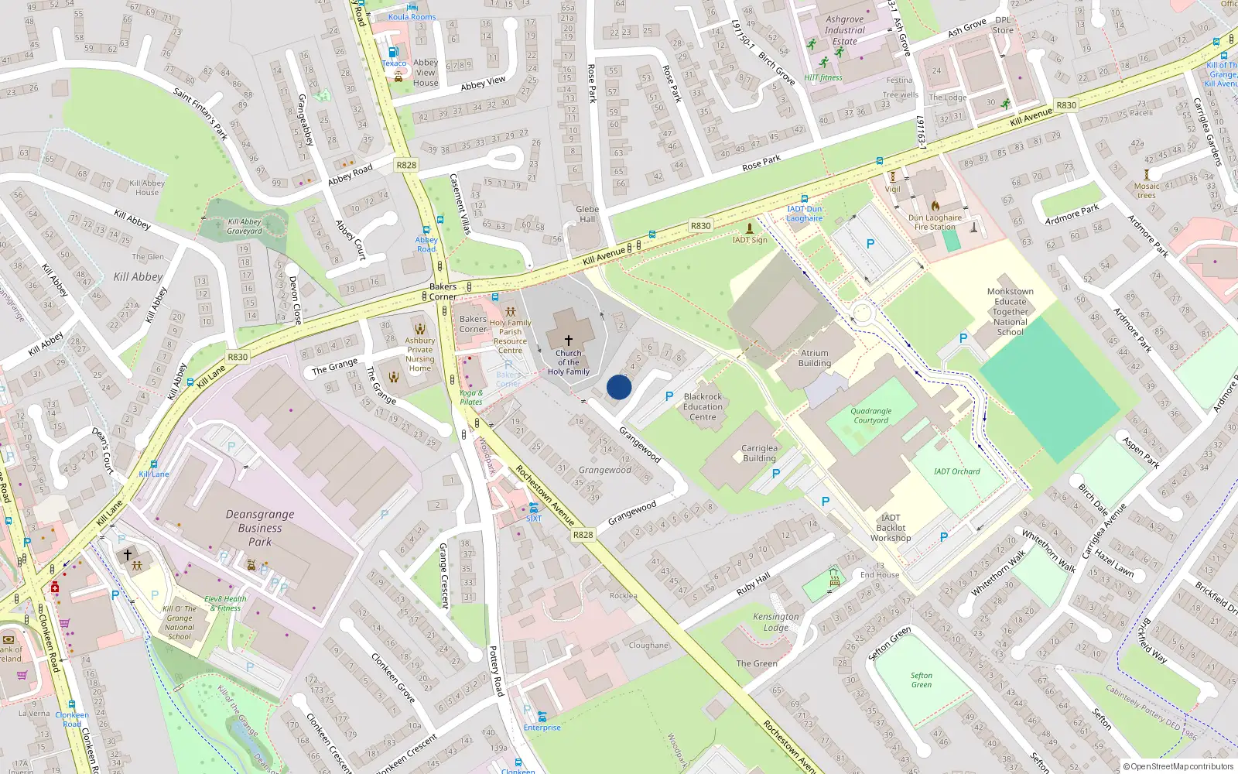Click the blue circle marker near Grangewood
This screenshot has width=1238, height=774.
tap(619, 387)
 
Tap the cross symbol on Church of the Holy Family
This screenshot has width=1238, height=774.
tap(569, 340)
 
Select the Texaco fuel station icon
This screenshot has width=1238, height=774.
tap(393, 52)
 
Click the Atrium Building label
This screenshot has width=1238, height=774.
tap(815, 358)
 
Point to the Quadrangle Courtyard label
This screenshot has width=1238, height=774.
tap(871, 416)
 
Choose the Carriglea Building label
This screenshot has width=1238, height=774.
tap(759, 453)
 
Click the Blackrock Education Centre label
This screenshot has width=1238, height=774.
tap(703, 406)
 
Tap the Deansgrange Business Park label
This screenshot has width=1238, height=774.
tap(260, 528)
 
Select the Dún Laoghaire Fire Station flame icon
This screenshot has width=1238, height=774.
tap(935, 206)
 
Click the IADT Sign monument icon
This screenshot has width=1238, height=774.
tap(749, 228)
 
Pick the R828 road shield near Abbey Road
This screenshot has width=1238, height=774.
tap(406, 165)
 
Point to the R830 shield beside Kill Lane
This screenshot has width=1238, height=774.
tap(238, 357)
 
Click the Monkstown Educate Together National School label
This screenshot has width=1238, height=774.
tap(1010, 312)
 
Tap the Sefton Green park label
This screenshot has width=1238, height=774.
tap(922, 680)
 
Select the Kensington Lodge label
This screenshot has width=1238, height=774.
tap(776, 622)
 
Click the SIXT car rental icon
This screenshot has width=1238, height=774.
tap(534, 508)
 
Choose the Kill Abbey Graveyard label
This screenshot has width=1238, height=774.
tap(245, 226)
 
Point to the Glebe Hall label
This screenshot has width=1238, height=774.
tap(587, 214)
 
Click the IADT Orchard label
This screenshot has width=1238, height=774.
tap(956, 471)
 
